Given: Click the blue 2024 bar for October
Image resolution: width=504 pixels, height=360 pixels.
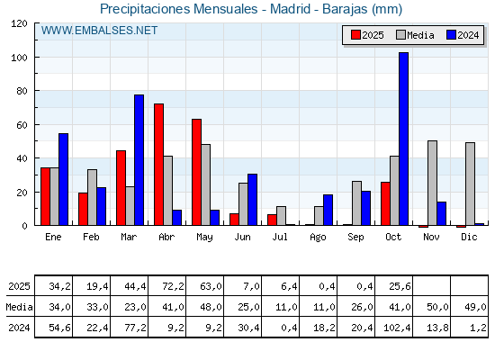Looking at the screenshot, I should click(403, 139).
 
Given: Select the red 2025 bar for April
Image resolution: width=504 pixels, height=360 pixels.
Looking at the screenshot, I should click(158, 165).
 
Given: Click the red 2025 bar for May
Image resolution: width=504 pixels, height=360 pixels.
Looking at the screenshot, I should click(196, 172).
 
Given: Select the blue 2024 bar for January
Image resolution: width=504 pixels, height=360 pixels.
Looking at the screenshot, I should click(63, 179).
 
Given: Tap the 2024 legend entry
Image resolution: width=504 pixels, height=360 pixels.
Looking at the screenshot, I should click(461, 35).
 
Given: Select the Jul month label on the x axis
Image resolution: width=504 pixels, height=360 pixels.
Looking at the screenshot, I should click(280, 237).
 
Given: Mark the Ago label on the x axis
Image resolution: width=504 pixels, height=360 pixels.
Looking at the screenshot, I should click(318, 237).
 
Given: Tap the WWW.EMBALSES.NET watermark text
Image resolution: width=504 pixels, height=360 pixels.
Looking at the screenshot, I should click(99, 31).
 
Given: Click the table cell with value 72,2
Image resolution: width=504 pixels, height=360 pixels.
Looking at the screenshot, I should click(166, 286).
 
